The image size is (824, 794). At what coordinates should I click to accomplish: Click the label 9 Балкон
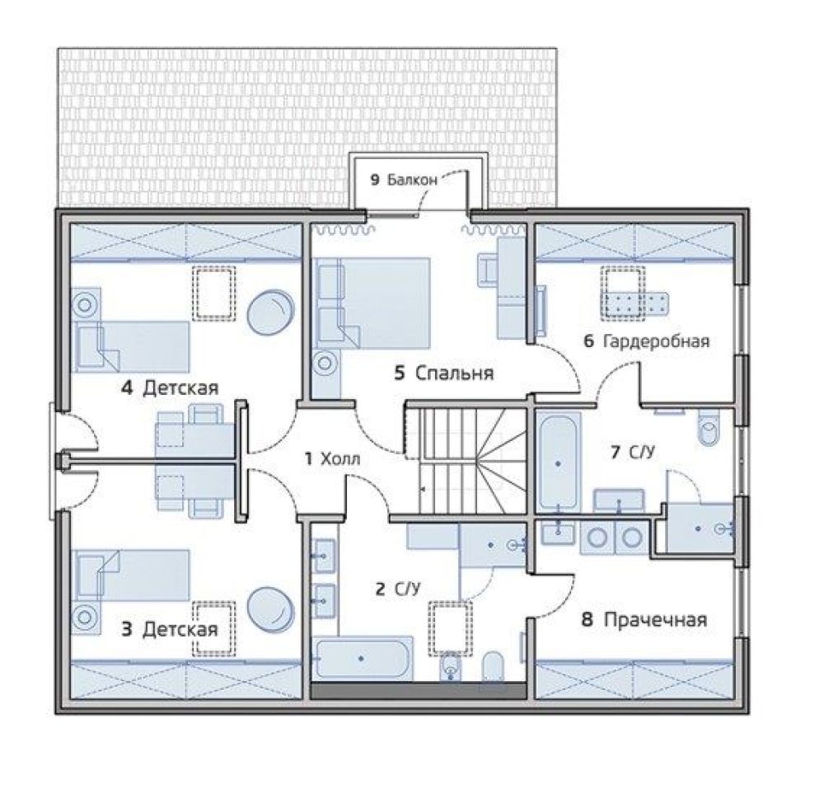pyautogui.click(x=404, y=180)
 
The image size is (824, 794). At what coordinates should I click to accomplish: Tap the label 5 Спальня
pyautogui.click(x=444, y=374)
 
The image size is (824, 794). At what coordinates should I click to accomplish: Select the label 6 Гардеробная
pyautogui.click(x=647, y=341)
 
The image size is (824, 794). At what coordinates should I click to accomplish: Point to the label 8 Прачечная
pyautogui.click(x=644, y=619)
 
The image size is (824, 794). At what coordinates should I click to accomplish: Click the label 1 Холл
pyautogui.click(x=333, y=459)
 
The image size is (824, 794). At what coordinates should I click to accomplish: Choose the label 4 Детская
pyautogui.click(x=170, y=388)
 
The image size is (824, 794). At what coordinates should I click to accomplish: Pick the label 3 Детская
pyautogui.click(x=170, y=629)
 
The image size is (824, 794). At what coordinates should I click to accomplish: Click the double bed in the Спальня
pyautogui.click(x=372, y=303)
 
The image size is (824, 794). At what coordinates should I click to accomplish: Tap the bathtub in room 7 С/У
pyautogui.click(x=558, y=463)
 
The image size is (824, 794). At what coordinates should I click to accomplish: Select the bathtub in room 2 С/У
pyautogui.click(x=363, y=658)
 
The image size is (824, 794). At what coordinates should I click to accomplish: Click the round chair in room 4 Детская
pyautogui.click(x=270, y=312)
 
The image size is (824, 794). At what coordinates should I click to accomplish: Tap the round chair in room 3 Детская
pyautogui.click(x=270, y=609)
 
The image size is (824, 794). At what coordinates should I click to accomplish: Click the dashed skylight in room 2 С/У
pyautogui.click(x=451, y=628)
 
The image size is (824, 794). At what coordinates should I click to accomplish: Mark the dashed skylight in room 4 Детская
pyautogui.click(x=213, y=293)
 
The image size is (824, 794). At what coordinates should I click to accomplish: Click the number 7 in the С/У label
pyautogui.click(x=615, y=452)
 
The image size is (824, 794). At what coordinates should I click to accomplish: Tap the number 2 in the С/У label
pyautogui.click(x=380, y=589)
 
